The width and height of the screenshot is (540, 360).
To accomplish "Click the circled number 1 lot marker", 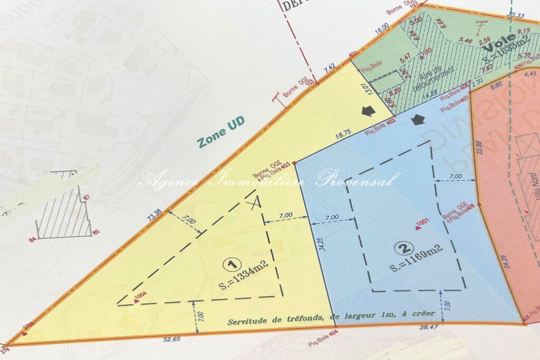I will click(x=229, y=262).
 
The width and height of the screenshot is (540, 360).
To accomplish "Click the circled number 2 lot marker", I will click(x=403, y=247).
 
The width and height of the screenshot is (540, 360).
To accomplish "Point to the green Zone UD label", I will click(x=221, y=136).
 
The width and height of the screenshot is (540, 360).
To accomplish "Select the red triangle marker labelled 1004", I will click(x=136, y=301).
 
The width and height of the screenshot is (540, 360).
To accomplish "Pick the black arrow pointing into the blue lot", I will click(x=418, y=120).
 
